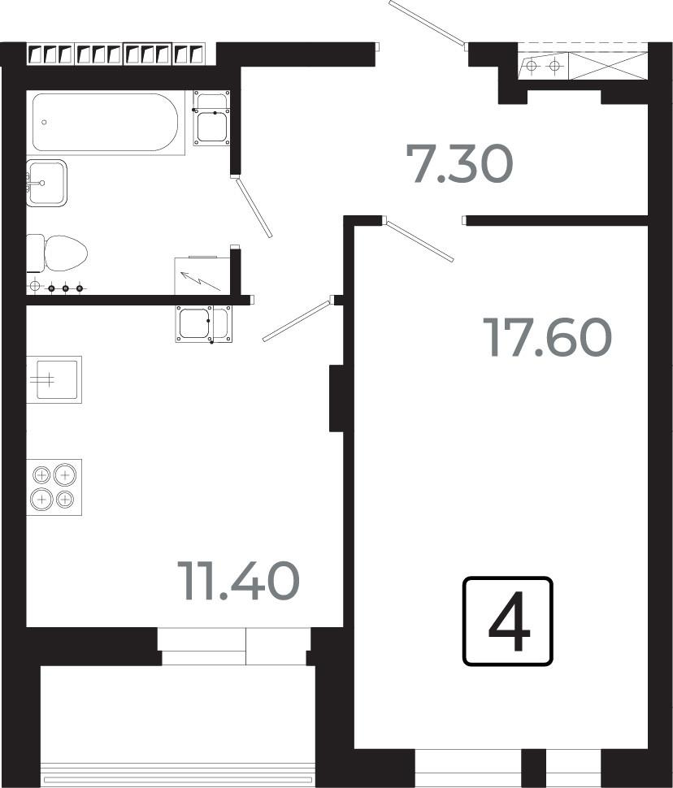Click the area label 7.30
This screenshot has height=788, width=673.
tap(459, 163)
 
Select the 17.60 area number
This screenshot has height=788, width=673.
tap(547, 337)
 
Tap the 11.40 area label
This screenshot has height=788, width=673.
tap(238, 581)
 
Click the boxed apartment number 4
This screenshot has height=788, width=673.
tap(507, 621)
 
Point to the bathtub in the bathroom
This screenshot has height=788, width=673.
tap(105, 123)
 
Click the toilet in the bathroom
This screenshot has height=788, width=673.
tap(57, 253)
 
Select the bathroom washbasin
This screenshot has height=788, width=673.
tap(47, 183)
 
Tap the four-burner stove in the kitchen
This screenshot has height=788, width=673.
tap(54, 487)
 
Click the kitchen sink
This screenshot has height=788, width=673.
tap(54, 379)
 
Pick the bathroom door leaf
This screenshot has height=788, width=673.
tap(254, 207)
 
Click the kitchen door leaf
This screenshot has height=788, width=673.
tap(296, 321)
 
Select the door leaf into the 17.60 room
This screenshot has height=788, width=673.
tap(419, 240)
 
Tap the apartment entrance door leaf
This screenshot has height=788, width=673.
tap(428, 23)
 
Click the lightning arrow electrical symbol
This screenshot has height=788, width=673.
tap(200, 281)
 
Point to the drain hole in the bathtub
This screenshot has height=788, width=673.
tap(44, 122)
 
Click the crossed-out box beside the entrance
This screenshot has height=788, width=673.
tap(608, 65)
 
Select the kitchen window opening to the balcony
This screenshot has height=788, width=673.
tap(234, 647)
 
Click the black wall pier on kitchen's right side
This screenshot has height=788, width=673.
tap(336, 399)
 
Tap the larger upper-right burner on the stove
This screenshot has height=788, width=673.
tap(65, 475)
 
